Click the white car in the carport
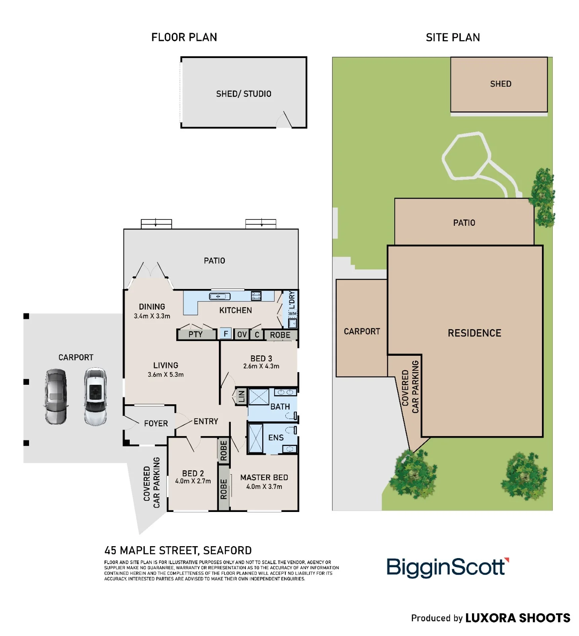(95, 397)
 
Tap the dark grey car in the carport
(56, 397)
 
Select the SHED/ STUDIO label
(244, 94)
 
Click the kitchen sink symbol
(220, 296)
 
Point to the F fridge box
(226, 334)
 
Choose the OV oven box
(242, 334)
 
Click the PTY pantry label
(195, 334)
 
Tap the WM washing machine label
(292, 314)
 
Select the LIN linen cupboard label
(242, 396)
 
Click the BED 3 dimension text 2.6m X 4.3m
(261, 366)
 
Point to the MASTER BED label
(264, 477)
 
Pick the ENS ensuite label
(276, 438)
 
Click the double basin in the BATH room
(285, 392)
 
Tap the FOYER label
(156, 424)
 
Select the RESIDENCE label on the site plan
(474, 333)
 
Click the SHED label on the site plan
(501, 84)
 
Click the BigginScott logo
(448, 568)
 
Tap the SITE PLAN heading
(453, 37)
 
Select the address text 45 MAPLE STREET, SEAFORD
(178, 551)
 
